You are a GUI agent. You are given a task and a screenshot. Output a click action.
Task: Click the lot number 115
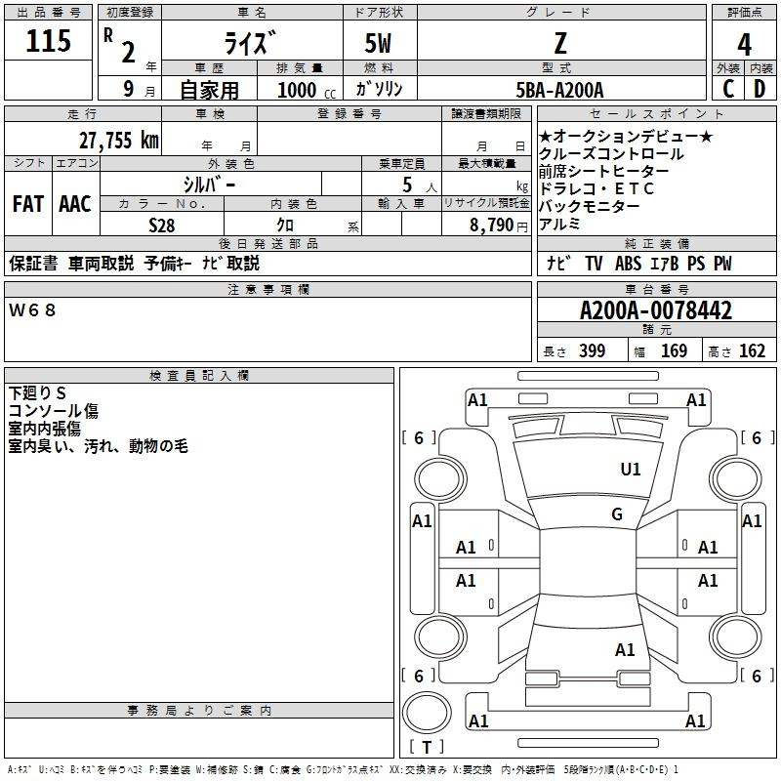pyautogui.click(x=48, y=40)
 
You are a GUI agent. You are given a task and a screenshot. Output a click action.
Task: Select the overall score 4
pyautogui.click(x=744, y=45)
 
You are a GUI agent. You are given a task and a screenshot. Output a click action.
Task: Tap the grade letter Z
pyautogui.click(x=560, y=43)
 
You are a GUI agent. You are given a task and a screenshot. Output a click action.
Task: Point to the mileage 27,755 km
pyautogui.click(x=118, y=141)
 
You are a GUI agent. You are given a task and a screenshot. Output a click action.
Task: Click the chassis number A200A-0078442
pyautogui.click(x=656, y=310)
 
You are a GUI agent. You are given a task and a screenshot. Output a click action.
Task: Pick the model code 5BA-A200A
pyautogui.click(x=559, y=90)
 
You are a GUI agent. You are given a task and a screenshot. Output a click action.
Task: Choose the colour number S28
pyautogui.click(x=162, y=226)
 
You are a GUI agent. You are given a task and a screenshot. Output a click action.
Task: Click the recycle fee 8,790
pyautogui.click(x=491, y=226)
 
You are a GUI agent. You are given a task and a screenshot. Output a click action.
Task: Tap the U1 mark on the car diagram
pyautogui.click(x=630, y=469)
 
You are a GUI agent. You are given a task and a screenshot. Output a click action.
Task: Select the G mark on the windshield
pyautogui.click(x=617, y=514)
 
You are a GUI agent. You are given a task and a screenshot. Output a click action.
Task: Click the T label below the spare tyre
pyautogui.click(x=427, y=747)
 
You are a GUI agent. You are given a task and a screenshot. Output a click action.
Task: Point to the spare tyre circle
pyautogui.click(x=427, y=713)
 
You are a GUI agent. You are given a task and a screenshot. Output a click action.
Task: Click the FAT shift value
pyautogui.click(x=28, y=204)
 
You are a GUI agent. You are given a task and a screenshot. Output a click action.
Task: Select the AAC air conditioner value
pyautogui.click(x=75, y=204)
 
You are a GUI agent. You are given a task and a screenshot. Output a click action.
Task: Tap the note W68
pyautogui.click(x=32, y=310)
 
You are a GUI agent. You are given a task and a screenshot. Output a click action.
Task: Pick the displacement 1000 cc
pyautogui.click(x=307, y=90)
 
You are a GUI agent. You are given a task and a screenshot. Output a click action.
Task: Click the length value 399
pyautogui.click(x=592, y=350)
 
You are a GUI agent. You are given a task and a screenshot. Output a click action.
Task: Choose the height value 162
pyautogui.click(x=752, y=350)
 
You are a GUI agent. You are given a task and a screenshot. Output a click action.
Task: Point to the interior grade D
pyautogui.click(x=760, y=89)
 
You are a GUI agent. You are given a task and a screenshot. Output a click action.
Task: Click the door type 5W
pyautogui.click(x=378, y=43)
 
